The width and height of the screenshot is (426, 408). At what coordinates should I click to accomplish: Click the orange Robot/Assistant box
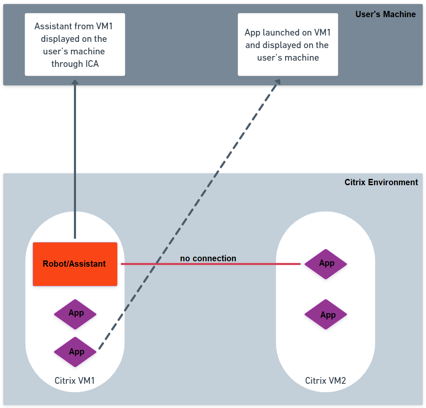pyautogui.click(x=75, y=264)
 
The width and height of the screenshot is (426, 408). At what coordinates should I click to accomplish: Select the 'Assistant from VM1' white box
pyautogui.click(x=75, y=44)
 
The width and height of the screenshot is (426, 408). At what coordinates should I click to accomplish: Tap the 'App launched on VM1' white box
pyautogui.click(x=288, y=44)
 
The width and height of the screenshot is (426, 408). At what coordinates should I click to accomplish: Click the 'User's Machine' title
pyautogui.click(x=385, y=14)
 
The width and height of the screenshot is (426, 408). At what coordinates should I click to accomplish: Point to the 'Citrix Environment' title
pyautogui.click(x=381, y=182)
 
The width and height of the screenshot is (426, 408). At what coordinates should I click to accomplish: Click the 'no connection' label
pyautogui.click(x=208, y=258)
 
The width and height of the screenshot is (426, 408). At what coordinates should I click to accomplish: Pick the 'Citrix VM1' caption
pyautogui.click(x=75, y=381)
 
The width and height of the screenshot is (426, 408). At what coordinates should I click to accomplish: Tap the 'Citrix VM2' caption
pyautogui.click(x=325, y=381)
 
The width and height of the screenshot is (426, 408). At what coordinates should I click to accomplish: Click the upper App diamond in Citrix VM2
pyautogui.click(x=326, y=264)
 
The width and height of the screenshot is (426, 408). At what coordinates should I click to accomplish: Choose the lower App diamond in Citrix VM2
pyautogui.click(x=326, y=315)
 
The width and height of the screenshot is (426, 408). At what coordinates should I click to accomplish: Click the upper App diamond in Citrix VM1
pyautogui.click(x=75, y=314)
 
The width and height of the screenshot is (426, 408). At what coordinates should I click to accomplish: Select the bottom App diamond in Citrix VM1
pyautogui.click(x=75, y=352)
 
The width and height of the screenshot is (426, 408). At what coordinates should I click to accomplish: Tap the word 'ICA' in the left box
pyautogui.click(x=91, y=64)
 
